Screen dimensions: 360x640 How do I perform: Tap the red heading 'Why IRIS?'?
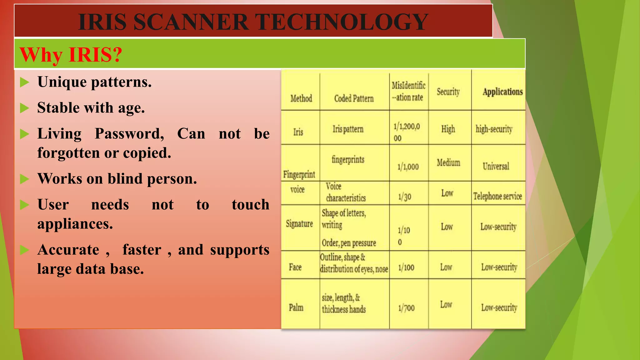tap(71, 55)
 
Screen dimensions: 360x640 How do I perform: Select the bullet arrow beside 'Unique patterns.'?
tap(24, 82)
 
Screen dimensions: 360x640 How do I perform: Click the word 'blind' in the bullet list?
tap(125, 179)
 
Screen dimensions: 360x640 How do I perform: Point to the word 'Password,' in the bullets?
tap(129, 134)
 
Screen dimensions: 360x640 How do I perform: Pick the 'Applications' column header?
tap(502, 92)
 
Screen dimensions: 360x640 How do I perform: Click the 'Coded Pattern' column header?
tap(354, 98)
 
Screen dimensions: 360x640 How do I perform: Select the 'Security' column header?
tap(448, 92)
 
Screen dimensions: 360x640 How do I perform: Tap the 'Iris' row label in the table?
tap(298, 132)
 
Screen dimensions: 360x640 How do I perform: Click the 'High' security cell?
tap(448, 129)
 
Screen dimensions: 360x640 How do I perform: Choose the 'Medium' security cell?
tap(448, 162)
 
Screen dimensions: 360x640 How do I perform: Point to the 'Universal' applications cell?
tap(496, 166)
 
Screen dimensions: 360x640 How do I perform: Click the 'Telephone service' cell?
tap(497, 196)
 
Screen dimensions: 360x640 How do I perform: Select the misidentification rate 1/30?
tap(405, 197)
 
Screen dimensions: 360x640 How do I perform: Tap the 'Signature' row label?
tap(299, 224)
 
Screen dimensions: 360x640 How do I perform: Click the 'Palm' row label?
tap(296, 307)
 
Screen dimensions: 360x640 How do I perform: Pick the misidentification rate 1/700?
tap(406, 308)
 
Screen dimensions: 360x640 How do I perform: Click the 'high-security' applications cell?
tap(494, 129)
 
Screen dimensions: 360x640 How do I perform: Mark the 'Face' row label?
tap(295, 267)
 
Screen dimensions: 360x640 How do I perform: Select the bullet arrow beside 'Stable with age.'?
tap(24, 108)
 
